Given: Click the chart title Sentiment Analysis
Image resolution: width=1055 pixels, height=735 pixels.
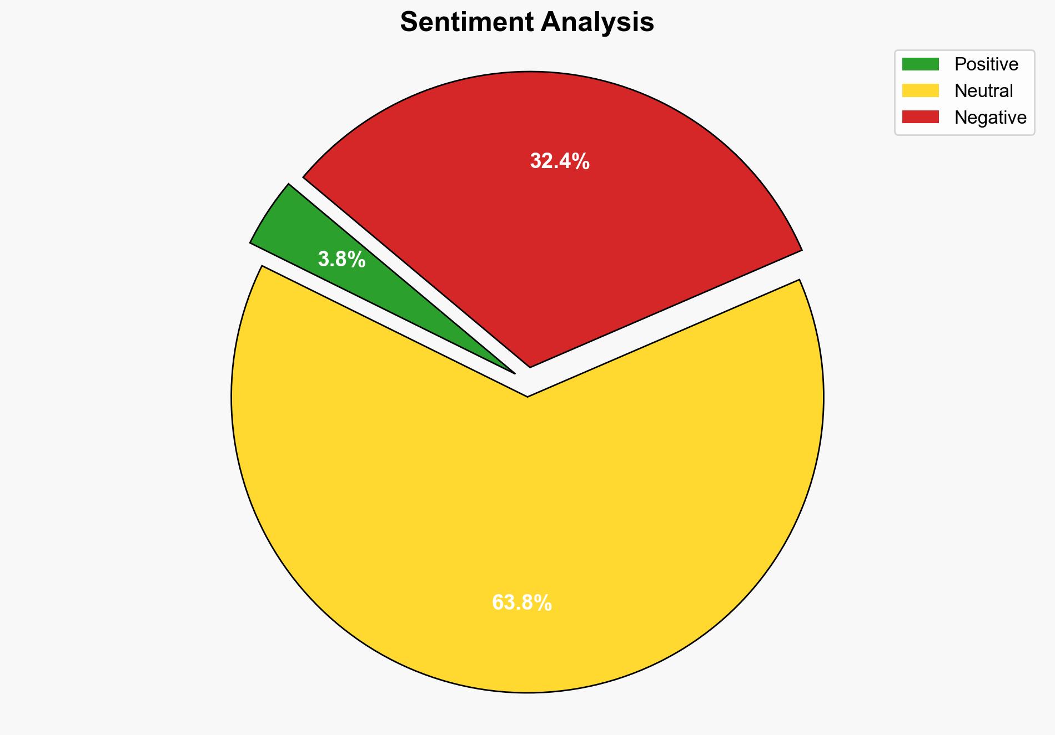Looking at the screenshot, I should (527, 23).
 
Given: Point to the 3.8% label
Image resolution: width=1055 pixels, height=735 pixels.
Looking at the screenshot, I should (341, 259).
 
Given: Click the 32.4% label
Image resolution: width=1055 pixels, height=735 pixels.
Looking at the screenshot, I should (560, 161).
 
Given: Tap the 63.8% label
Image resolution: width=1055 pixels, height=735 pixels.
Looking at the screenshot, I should (522, 602).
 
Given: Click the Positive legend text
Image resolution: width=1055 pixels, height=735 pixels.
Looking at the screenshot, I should (986, 64).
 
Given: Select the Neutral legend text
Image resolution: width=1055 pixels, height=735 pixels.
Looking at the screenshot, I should (983, 91).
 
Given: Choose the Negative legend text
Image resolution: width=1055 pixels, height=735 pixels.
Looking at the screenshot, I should (990, 118).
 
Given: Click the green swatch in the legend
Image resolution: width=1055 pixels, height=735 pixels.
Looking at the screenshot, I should (920, 64).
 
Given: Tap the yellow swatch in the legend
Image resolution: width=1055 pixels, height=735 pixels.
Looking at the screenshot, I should (920, 90).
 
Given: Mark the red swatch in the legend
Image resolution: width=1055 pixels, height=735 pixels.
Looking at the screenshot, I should (920, 117).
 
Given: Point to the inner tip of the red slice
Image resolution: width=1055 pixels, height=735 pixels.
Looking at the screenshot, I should (530, 366).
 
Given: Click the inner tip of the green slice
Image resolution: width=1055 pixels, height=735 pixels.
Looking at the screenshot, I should (514, 372).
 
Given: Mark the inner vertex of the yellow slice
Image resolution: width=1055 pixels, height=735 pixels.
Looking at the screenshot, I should (527, 396).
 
